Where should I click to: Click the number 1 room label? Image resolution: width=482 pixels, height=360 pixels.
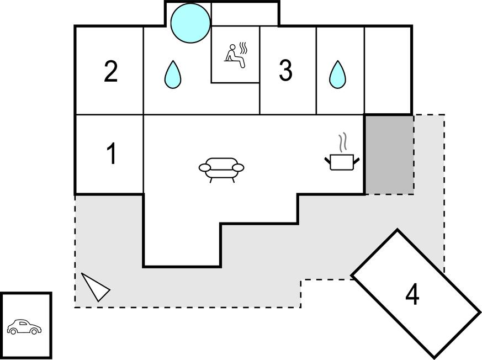click(112, 154)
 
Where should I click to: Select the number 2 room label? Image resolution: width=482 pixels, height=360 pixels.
click(111, 72)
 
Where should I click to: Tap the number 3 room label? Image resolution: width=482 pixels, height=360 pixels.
click(285, 71)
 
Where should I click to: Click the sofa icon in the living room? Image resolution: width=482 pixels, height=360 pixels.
click(221, 168)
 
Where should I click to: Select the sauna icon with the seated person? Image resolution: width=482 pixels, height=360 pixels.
click(235, 56)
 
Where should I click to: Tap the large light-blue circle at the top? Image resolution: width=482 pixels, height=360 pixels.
click(190, 23)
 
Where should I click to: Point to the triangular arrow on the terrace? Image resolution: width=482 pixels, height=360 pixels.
click(94, 287)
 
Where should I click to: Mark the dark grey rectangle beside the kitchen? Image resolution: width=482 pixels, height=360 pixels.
click(389, 155)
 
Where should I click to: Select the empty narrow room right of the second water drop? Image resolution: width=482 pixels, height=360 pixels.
click(388, 70)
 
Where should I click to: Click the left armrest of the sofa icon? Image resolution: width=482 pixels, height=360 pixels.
click(204, 167)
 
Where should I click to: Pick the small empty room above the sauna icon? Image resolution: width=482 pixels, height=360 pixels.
click(245, 14)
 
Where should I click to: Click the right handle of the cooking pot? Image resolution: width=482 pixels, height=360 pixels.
click(357, 160)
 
